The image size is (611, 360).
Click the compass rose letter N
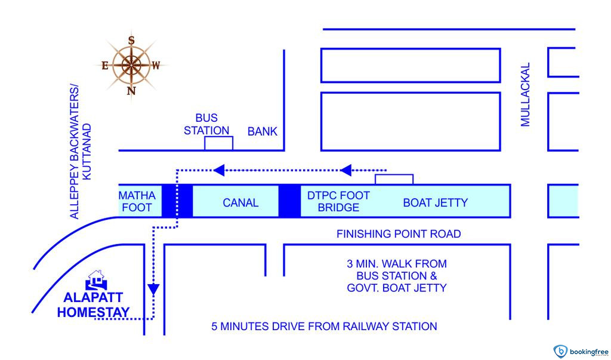pyautogui.click(x=132, y=91)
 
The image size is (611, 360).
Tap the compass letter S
pyautogui.click(x=131, y=40)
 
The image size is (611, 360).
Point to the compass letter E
pyautogui.click(x=105, y=66)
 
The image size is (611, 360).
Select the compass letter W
pyautogui.click(x=156, y=66)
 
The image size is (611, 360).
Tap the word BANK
pyautogui.click(x=263, y=131)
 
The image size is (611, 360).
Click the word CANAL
pyautogui.click(x=240, y=202)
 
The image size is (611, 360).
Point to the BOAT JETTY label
pyautogui.click(x=436, y=202)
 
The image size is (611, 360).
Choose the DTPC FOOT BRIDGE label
pyautogui.click(x=338, y=202)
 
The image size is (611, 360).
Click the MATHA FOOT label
pyautogui.click(x=137, y=202)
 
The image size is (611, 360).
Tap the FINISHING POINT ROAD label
pyautogui.click(x=399, y=233)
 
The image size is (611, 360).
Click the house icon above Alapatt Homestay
pyautogui.click(x=95, y=279)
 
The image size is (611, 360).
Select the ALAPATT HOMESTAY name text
pyautogui.click(x=93, y=304)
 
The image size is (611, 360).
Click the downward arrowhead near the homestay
pyautogui.click(x=153, y=290)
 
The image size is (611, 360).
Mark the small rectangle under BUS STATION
pyautogui.click(x=218, y=143)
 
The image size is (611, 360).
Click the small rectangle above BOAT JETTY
pyautogui.click(x=394, y=179)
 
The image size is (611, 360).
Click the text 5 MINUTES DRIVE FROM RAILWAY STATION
pyautogui.click(x=325, y=327)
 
